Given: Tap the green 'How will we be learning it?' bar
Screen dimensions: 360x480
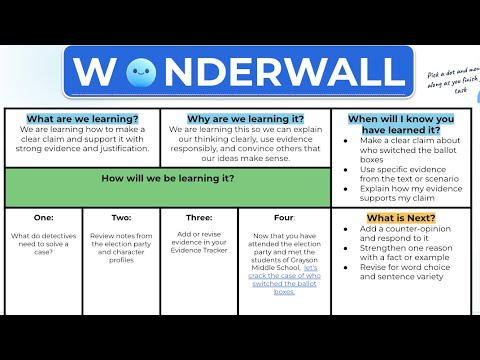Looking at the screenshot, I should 168,179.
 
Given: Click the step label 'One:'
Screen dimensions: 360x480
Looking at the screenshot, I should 43,217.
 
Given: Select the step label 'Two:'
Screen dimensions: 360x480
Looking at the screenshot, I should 121,217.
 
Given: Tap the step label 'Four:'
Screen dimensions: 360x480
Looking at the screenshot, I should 284,217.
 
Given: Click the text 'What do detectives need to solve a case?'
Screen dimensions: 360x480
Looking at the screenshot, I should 43,241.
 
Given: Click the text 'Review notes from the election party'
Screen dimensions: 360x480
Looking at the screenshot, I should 121,241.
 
